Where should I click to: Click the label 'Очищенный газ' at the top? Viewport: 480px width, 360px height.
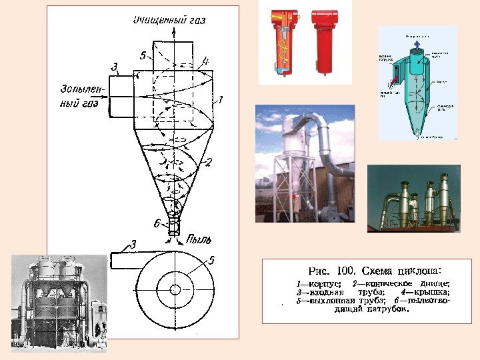tap(169, 19)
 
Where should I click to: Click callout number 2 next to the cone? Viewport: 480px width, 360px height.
tap(208, 162)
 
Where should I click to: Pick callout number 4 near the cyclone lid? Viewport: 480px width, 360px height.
tap(205, 61)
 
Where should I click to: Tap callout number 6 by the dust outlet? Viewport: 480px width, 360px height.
tap(157, 223)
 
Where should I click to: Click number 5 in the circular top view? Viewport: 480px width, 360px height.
tap(211, 261)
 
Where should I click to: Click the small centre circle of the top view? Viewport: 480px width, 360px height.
tap(175, 289)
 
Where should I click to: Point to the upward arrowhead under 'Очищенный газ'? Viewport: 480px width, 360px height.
tap(175, 29)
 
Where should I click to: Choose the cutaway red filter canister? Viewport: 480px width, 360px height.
tap(279, 41)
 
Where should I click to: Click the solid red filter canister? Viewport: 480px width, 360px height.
tap(325, 41)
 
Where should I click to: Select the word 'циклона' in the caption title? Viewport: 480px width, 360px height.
tap(419, 270)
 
